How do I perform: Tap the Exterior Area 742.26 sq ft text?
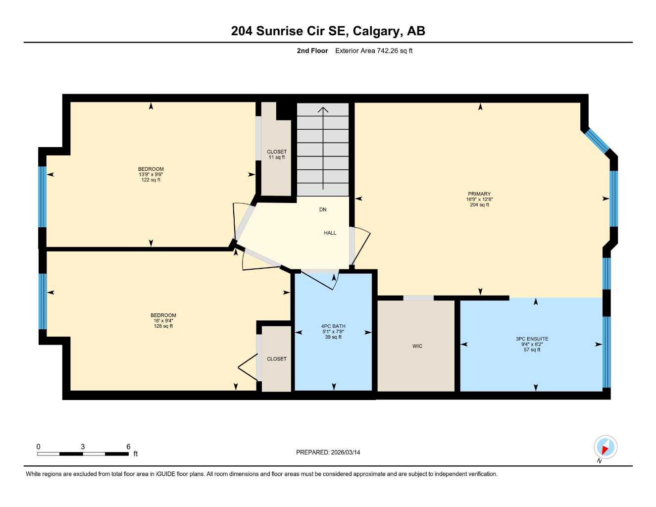tap(374, 51)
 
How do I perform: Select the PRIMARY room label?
tap(479, 194)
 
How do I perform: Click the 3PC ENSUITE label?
tap(532, 339)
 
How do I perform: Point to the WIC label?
tap(417, 346)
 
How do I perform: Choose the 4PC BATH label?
tap(333, 326)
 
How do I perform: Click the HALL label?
tap(330, 233)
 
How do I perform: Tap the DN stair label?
tap(323, 209)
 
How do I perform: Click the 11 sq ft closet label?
tap(277, 157)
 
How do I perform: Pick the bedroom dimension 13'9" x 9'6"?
tap(151, 174)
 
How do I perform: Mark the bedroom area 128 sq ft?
tap(163, 326)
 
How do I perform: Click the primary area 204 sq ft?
tap(479, 204)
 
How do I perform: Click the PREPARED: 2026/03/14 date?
tap(328, 452)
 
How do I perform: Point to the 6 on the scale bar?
tap(128, 447)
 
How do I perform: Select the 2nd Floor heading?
tap(312, 51)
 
